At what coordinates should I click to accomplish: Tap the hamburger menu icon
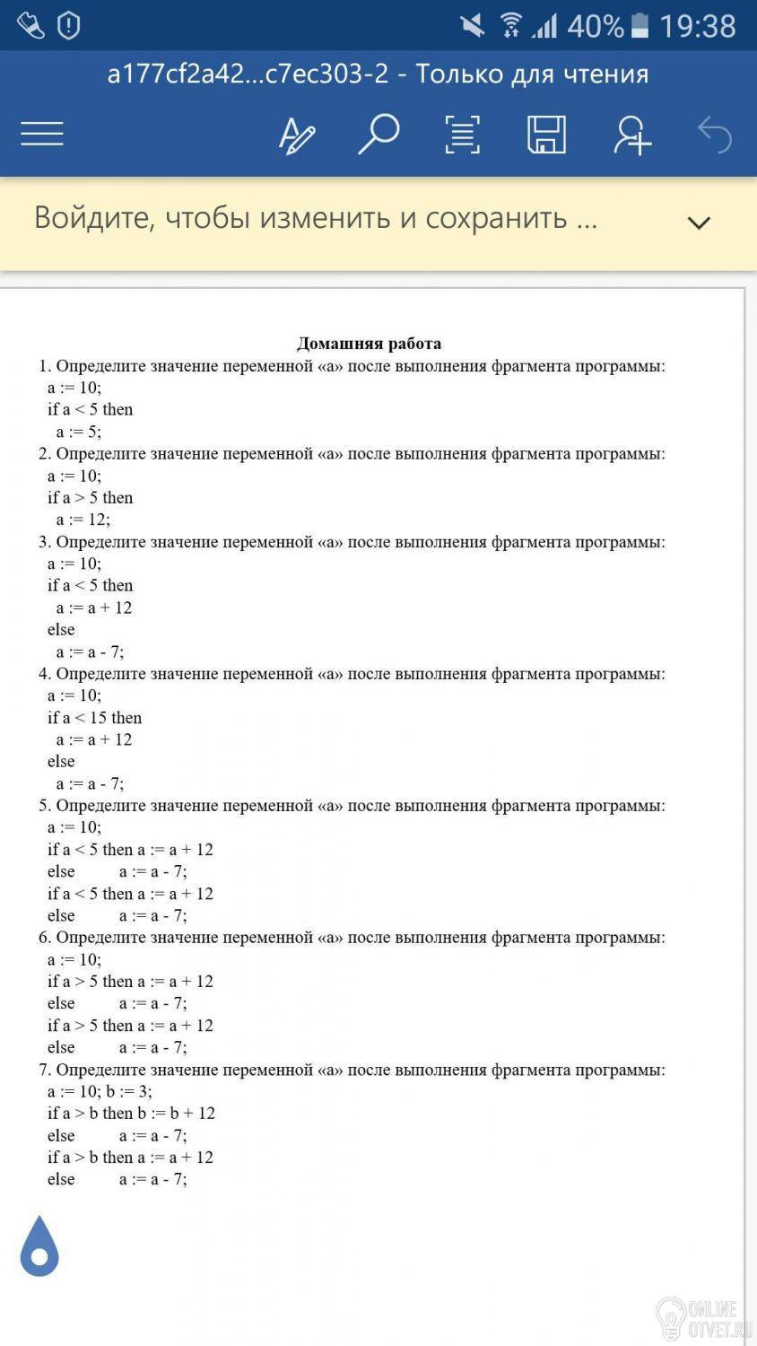[x=42, y=135]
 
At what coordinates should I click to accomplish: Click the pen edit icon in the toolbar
[x=296, y=135]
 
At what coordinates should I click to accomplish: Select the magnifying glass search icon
[x=378, y=135]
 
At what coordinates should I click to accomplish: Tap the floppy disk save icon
[x=546, y=135]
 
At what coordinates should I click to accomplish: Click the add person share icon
[x=631, y=135]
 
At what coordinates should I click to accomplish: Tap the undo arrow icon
[x=715, y=135]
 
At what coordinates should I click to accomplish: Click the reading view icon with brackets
[x=462, y=135]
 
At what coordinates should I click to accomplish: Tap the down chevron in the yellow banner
[x=698, y=222]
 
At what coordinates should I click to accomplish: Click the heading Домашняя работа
[x=369, y=344]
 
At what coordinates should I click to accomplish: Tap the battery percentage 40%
[x=595, y=26]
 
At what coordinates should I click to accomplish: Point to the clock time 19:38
[x=698, y=26]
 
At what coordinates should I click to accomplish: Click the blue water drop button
[x=39, y=1246]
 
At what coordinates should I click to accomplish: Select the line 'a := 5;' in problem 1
[x=79, y=432]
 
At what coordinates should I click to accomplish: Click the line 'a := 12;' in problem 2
[x=83, y=520]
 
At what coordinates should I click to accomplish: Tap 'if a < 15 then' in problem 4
[x=94, y=718]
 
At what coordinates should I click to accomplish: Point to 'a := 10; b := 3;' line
[x=100, y=1091]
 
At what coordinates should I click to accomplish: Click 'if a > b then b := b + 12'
[x=131, y=1114]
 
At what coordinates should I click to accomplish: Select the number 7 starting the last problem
[x=44, y=1070]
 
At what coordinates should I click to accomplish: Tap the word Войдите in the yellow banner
[x=94, y=218]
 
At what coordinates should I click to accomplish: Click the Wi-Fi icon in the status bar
[x=511, y=25]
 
